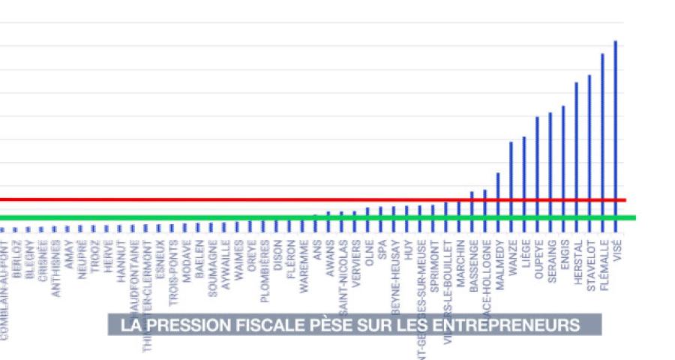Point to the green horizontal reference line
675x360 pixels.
tap(225, 218)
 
